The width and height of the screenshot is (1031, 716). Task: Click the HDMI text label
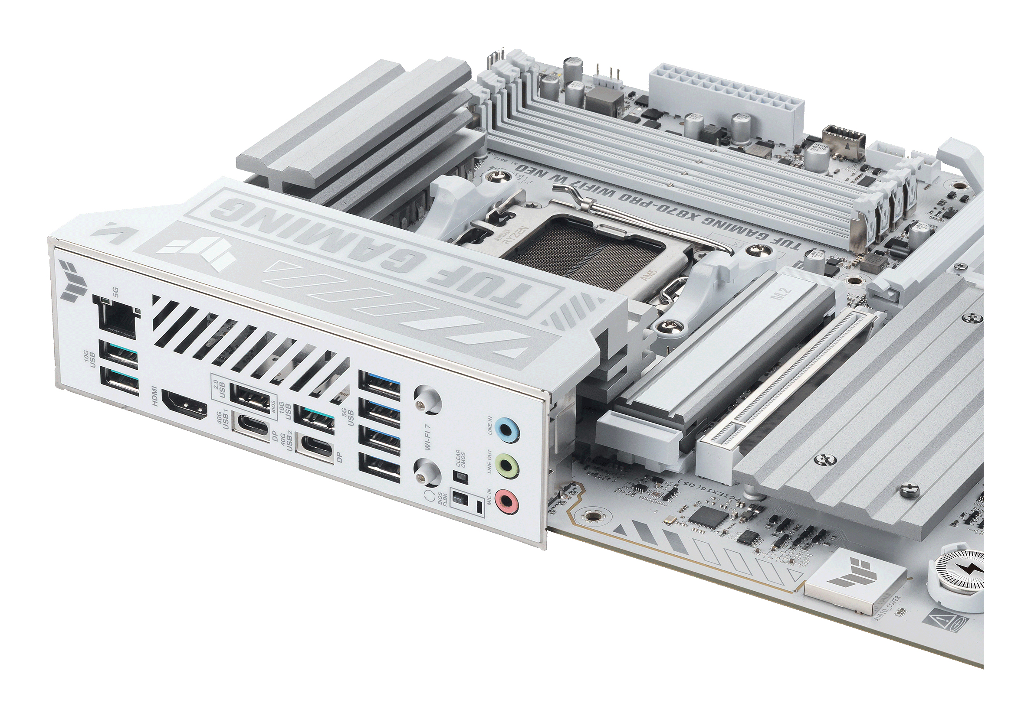[155, 397]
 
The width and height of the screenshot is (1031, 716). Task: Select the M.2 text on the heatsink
[786, 296]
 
